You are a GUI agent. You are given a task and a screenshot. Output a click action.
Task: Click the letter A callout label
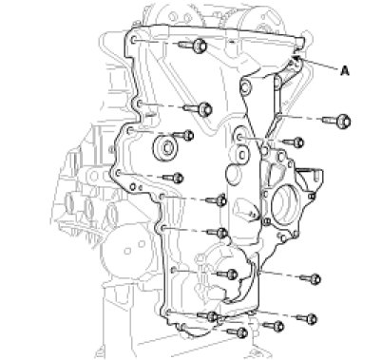(345, 70)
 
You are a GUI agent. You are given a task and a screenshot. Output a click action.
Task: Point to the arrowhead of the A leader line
(296, 57)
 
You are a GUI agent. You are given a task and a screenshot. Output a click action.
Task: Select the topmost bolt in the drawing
(193, 46)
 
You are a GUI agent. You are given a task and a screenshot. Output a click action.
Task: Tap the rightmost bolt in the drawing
(336, 121)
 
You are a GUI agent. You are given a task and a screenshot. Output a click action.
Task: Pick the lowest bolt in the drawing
(238, 332)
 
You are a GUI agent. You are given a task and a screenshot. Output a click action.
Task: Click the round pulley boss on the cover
(165, 148)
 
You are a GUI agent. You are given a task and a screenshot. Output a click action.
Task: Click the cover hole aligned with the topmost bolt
(134, 40)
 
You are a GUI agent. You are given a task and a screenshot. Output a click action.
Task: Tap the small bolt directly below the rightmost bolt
(294, 142)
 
